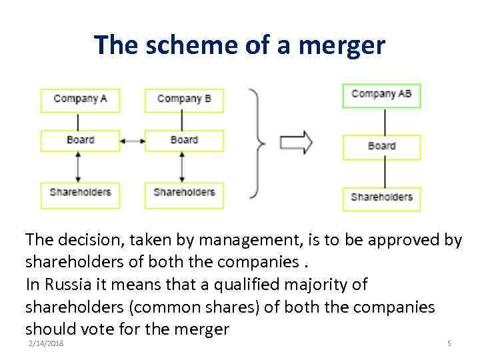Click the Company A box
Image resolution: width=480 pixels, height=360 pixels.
coord(81,99)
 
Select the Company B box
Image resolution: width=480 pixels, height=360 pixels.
coord(184,99)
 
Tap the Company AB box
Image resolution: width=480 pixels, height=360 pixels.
coord(381,95)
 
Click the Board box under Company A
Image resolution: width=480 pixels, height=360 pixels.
coord(81,140)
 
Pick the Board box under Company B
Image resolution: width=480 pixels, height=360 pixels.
coord(184,140)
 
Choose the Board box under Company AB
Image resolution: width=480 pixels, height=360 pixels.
coord(381,147)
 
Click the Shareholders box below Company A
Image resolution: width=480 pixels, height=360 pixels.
coord(81,193)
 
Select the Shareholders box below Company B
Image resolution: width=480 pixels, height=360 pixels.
coord(184,193)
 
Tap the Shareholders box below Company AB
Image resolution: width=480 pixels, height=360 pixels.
coord(381,198)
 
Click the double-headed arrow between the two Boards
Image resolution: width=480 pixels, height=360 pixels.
coord(133,141)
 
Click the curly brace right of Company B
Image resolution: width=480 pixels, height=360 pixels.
coord(257,143)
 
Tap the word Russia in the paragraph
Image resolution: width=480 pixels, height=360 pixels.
coord(69,285)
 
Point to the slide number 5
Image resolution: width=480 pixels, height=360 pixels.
coord(449,343)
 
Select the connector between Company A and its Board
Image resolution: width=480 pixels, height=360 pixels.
coord(79,121)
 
